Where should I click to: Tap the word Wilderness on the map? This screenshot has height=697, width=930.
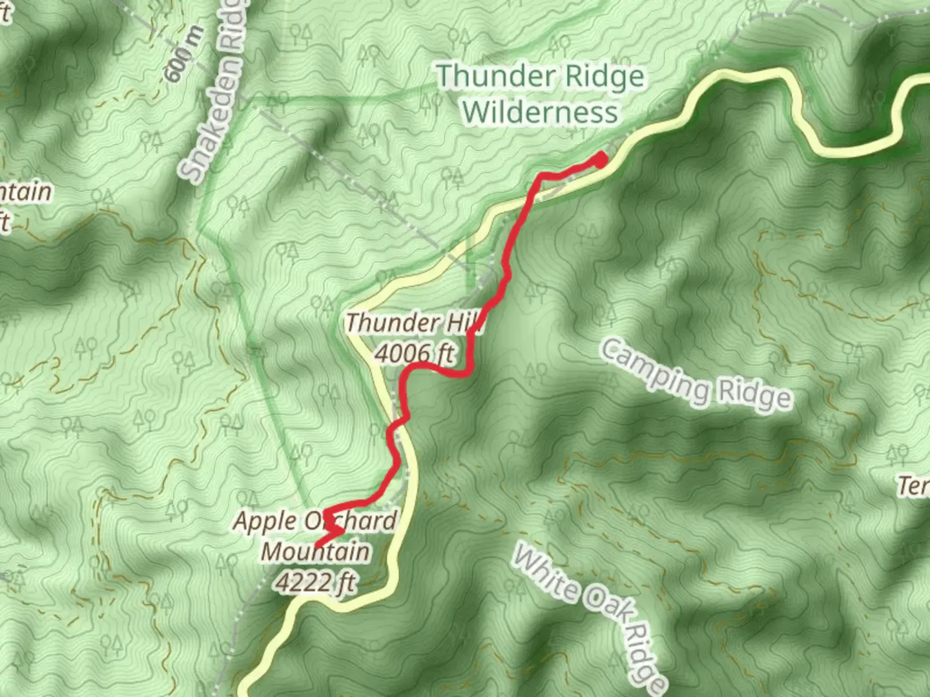(x=540, y=112)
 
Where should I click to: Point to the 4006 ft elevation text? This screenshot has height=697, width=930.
(x=414, y=353)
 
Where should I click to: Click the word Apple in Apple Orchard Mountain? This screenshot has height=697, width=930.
(x=264, y=521)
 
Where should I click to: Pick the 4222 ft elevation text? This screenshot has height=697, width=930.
(x=315, y=582)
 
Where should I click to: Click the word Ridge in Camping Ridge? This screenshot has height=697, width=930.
(x=752, y=395)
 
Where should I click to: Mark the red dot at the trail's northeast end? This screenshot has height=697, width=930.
(x=600, y=159)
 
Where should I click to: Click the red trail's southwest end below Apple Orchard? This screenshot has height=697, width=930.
(x=316, y=545)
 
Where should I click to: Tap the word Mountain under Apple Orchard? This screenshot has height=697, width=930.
(x=316, y=552)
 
